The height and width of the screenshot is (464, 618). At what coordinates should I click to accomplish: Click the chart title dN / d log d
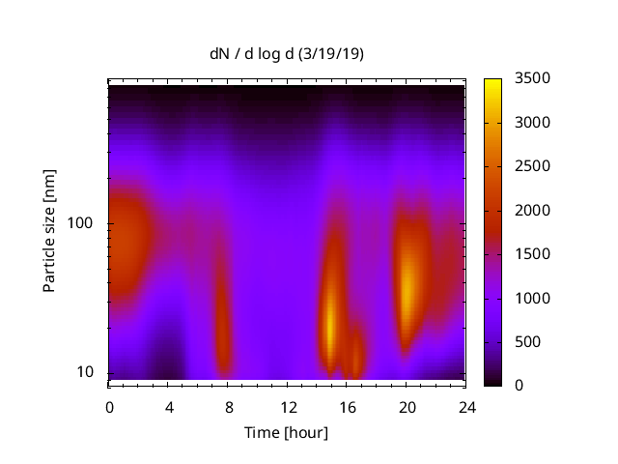(x=253, y=54)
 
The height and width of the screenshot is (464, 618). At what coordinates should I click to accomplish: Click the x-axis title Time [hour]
(x=286, y=432)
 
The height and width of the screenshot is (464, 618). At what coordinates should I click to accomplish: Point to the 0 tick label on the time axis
(x=109, y=407)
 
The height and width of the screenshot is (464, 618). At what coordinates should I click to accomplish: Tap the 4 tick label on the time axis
(x=169, y=407)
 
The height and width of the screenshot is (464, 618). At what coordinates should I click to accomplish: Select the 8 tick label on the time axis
(x=228, y=407)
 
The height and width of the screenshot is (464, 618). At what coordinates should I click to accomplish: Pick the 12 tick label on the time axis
(x=287, y=407)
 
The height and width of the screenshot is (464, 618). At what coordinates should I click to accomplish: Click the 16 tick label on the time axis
(x=347, y=407)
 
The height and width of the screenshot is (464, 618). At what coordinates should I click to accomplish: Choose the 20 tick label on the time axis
(x=406, y=407)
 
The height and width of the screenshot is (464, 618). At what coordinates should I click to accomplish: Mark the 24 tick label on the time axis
(x=465, y=407)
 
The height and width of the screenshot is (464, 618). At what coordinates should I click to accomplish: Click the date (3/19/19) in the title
(x=330, y=54)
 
